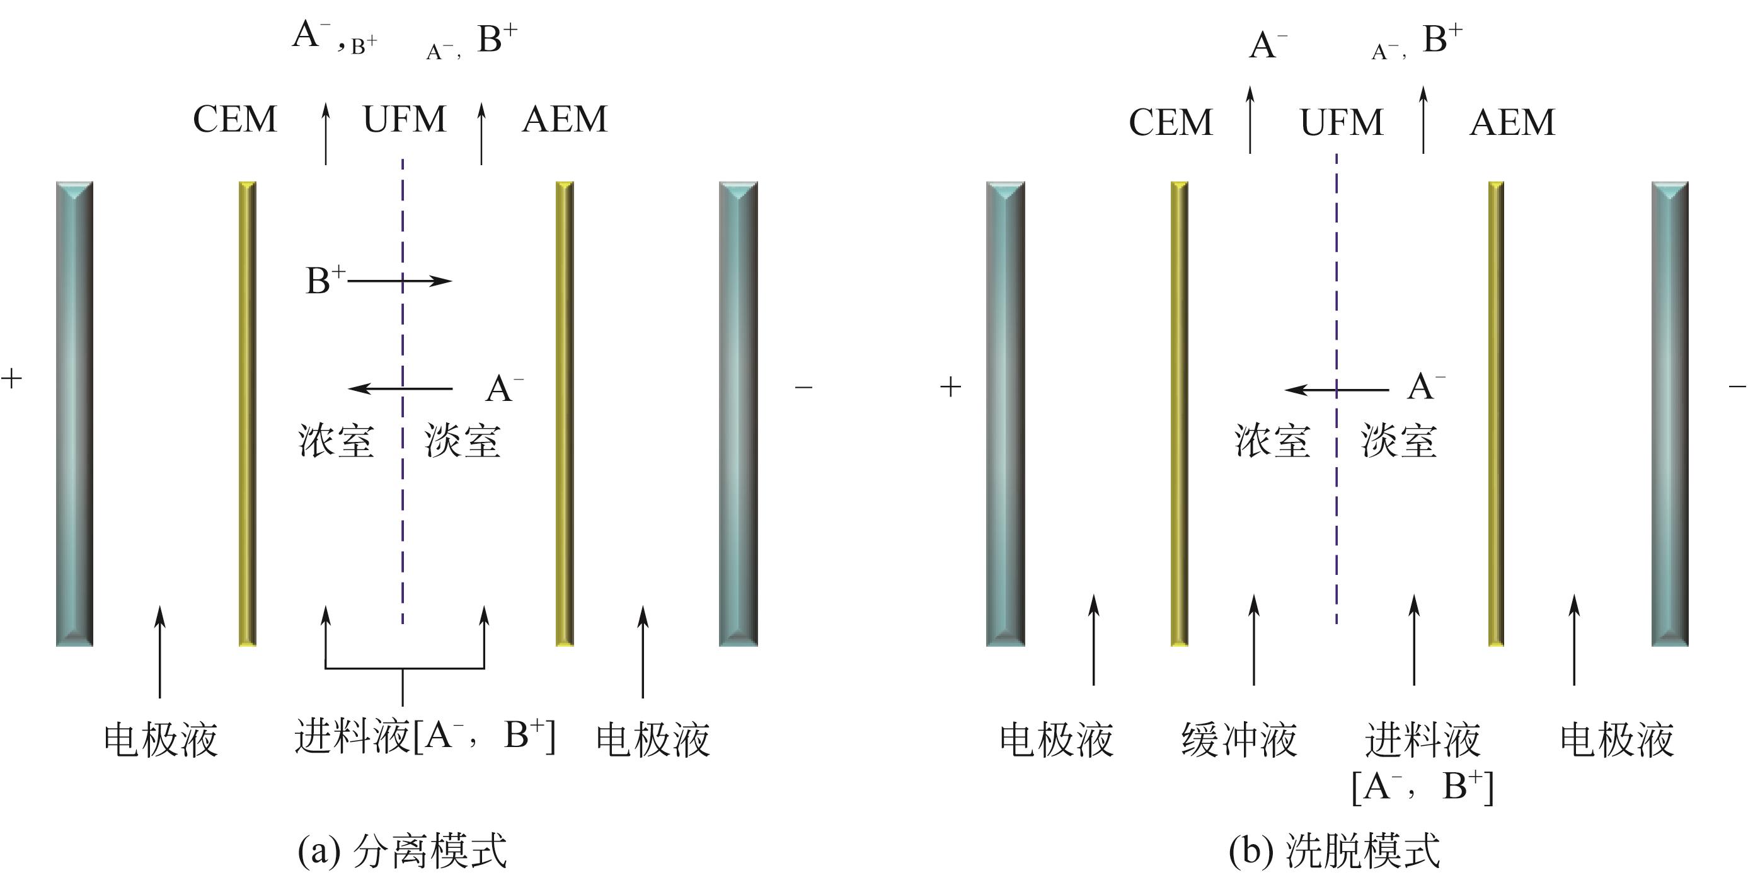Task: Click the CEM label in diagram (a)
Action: (235, 120)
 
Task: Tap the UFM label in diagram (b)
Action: (1341, 123)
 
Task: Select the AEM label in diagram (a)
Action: (565, 120)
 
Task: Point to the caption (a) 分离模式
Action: (403, 850)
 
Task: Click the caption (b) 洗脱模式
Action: (1334, 850)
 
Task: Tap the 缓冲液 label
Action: (1239, 739)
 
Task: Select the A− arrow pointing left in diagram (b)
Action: (1337, 390)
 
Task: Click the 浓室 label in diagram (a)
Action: (336, 441)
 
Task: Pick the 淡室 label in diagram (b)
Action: (1398, 441)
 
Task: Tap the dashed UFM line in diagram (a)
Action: (403, 516)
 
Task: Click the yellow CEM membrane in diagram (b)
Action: (1180, 414)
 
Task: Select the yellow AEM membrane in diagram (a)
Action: (565, 414)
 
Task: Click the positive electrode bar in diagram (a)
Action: (74, 414)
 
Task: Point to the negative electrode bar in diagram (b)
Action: (1669, 414)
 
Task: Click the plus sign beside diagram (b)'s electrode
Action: (951, 387)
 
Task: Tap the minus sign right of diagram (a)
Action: (803, 387)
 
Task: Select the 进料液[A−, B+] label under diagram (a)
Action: (425, 736)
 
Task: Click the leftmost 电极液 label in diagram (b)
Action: (1057, 739)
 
